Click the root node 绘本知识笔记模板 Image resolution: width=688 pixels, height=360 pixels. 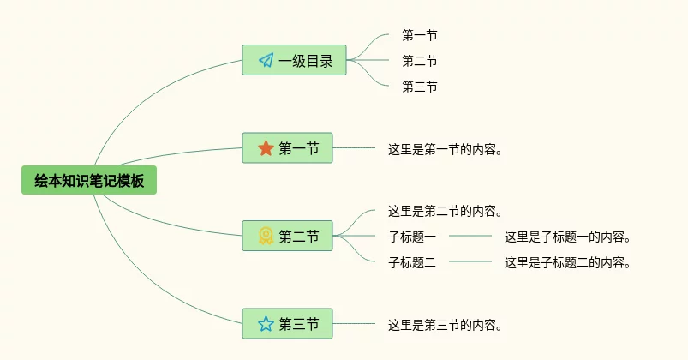(89, 180)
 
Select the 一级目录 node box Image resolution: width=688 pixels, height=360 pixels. (294, 60)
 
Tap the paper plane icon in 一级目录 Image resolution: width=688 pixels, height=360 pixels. (266, 60)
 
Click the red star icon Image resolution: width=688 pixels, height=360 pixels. (266, 148)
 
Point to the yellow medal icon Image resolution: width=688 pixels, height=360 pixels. (266, 236)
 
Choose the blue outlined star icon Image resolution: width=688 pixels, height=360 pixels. (266, 323)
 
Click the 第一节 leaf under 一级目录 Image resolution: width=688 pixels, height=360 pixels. (420, 35)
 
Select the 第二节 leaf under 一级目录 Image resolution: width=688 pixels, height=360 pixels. (420, 61)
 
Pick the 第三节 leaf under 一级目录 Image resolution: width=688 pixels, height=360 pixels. (420, 87)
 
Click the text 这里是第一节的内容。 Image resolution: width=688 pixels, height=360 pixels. (445, 149)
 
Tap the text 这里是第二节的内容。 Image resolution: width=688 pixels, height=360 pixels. (445, 211)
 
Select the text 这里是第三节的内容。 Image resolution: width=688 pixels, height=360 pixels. (445, 325)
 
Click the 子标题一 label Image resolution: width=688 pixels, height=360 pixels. (412, 237)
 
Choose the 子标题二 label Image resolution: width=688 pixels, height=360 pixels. (412, 262)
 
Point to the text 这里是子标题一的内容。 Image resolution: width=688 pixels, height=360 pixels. (567, 237)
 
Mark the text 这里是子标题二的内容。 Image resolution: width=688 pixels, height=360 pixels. (567, 262)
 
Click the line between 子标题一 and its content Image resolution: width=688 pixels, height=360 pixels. (470, 236)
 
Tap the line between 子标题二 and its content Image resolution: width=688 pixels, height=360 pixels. (470, 261)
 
